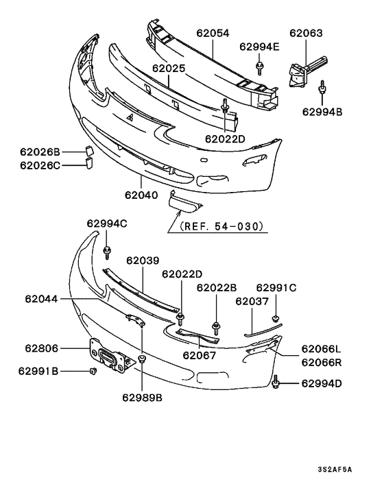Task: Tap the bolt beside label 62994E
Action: point(261,67)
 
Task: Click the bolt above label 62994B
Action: point(323,86)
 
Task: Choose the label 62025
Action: point(169,69)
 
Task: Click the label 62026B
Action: point(40,152)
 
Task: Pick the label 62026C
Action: point(40,165)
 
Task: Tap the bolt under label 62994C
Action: point(107,252)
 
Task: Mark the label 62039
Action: point(143,261)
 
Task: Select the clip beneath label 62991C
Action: point(276,317)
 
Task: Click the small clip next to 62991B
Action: point(91,372)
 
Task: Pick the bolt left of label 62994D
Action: point(276,381)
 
